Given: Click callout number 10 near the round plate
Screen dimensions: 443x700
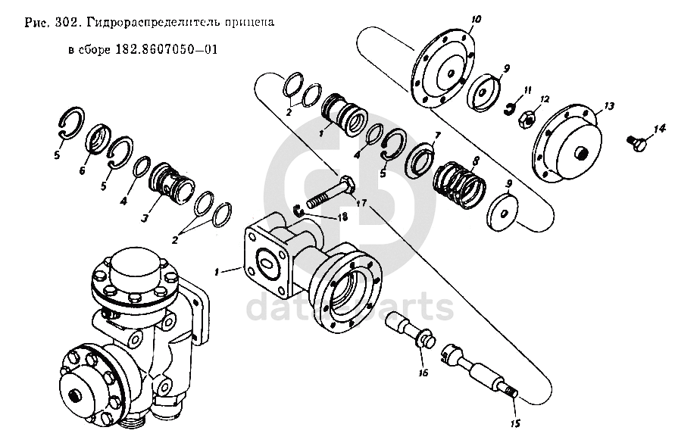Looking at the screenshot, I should (476, 19).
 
